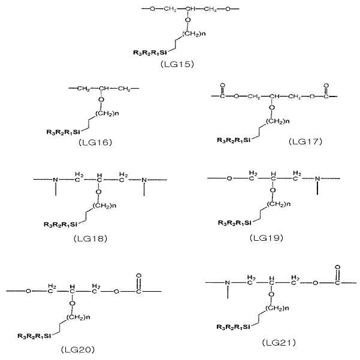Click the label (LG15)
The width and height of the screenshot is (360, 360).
coord(177,64)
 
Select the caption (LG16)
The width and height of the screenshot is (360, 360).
coord(95,143)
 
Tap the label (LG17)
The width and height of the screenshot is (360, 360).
coord(305,141)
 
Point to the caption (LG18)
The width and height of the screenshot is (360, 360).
coord(90,239)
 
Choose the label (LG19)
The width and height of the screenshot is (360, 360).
coord(267,238)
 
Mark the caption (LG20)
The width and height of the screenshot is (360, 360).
coord(78,350)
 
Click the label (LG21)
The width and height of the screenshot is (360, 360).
coord(279,343)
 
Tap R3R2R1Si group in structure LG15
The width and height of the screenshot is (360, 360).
coord(150,53)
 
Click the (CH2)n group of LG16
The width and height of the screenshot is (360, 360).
coord(107,113)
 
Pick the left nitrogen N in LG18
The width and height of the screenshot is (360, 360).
coord(56,180)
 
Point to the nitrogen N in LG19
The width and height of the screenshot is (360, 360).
coord(317,179)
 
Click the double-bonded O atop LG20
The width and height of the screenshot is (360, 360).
coord(138,276)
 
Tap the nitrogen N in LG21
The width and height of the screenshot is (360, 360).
coord(228,283)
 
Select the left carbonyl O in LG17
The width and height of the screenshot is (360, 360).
coord(222,86)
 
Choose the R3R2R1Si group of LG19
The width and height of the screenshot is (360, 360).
coord(235,223)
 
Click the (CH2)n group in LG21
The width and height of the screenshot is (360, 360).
coord(277,308)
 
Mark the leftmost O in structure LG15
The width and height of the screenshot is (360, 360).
coord(153,9)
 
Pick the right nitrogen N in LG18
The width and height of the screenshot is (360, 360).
coord(144,180)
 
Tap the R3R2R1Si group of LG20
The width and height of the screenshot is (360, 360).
coord(34,336)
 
